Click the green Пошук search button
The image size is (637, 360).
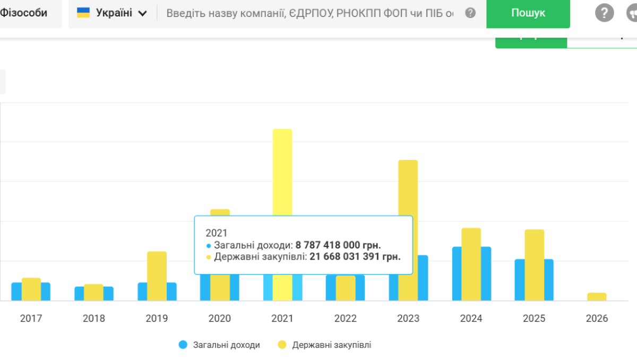point(528,13)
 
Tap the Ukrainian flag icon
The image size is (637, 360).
point(83,13)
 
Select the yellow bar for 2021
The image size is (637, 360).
point(282,170)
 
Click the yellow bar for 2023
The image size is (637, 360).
point(408,202)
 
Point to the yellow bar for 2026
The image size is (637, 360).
point(597,296)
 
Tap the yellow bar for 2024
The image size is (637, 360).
point(471,263)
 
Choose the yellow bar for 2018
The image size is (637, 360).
point(94,292)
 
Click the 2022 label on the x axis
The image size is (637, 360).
point(346,319)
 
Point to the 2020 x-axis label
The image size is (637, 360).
point(220,319)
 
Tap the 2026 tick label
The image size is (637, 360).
point(597,319)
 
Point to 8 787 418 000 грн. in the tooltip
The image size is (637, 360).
point(338,245)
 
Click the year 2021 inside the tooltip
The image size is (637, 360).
point(216,233)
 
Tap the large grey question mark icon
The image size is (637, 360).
point(605,13)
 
